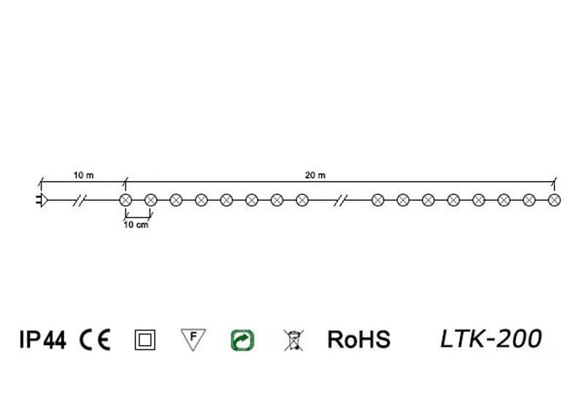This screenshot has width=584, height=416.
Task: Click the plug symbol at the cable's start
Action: click(41, 199)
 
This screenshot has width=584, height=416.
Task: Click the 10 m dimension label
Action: click(84, 175)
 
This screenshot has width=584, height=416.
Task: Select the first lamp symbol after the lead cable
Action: click(125, 199)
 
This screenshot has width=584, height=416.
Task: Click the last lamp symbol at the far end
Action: click(554, 199)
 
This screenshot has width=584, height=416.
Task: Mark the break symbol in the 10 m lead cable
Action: click(80, 199)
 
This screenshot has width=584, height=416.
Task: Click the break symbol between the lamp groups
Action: click(339, 199)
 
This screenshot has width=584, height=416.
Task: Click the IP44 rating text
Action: click(42, 340)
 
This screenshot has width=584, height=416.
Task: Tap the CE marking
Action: click(95, 340)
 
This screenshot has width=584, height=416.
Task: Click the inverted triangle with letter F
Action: click(193, 339)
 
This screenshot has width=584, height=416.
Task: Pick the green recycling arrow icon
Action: click(242, 340)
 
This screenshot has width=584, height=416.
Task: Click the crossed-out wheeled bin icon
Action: click(292, 340)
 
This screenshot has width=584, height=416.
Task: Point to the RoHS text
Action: click(358, 340)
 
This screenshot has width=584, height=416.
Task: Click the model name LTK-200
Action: click(491, 339)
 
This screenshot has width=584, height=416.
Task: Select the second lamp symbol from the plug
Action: click(151, 199)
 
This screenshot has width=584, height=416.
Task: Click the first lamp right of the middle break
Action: click(377, 199)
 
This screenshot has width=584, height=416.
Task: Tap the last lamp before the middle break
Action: click(301, 199)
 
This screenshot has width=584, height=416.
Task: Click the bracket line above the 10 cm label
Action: click(138, 216)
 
